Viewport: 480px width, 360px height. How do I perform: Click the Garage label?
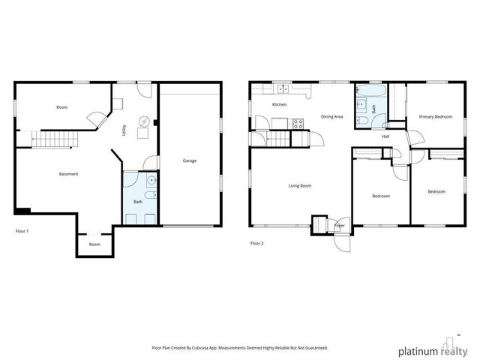click(x=190, y=160)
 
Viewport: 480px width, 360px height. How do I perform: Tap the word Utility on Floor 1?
click(x=124, y=130)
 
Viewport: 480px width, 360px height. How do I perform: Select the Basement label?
click(x=69, y=174)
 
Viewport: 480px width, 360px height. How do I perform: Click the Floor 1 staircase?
click(x=57, y=139)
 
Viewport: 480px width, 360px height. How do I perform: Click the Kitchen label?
click(x=279, y=104)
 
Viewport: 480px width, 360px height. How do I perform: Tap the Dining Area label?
click(x=331, y=117)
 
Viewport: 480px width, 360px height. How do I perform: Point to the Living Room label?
click(x=300, y=185)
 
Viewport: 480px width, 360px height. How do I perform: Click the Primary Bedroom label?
click(x=435, y=117)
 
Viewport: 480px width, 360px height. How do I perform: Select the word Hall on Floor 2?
click(x=385, y=136)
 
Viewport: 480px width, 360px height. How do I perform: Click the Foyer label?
click(x=340, y=225)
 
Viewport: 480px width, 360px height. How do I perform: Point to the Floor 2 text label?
click(x=256, y=243)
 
